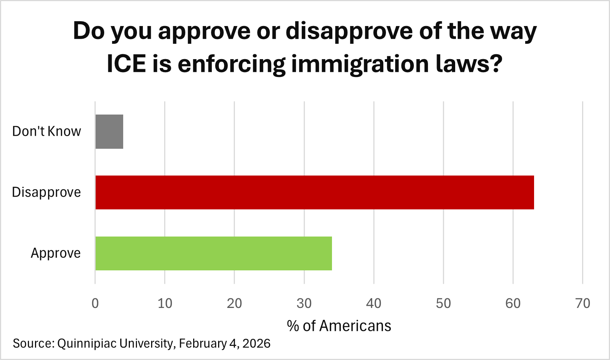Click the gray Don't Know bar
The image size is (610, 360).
(109, 132)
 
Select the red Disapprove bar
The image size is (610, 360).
(314, 192)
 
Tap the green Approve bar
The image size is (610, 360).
(214, 253)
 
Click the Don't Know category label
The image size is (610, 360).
(47, 132)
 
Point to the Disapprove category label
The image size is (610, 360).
(47, 192)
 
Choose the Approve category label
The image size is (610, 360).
(55, 253)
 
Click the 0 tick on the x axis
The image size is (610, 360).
(95, 303)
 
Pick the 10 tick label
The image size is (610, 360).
(165, 303)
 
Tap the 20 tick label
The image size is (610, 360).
(234, 303)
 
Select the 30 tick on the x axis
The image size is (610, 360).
(304, 303)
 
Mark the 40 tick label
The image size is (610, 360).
(374, 303)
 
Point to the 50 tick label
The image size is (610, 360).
(443, 303)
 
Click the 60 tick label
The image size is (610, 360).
(513, 303)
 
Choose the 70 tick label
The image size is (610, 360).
(583, 303)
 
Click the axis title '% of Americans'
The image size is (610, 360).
(339, 326)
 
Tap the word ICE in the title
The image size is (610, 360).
(126, 64)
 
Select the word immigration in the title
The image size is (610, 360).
(360, 64)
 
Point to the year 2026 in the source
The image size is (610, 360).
(256, 343)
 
